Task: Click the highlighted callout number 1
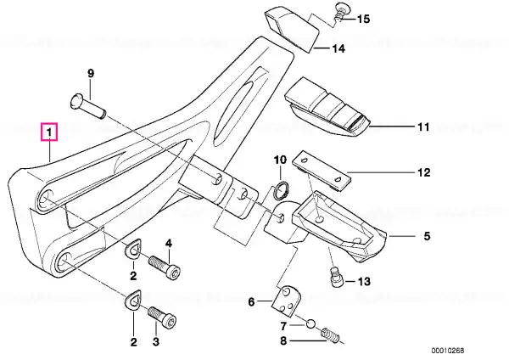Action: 49,132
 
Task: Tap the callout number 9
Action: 91,73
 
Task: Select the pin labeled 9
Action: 88,105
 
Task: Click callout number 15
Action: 363,19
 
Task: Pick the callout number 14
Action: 338,48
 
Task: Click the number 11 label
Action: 423,127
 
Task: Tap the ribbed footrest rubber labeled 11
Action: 327,107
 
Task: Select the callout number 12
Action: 423,172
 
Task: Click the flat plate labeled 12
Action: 322,172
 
